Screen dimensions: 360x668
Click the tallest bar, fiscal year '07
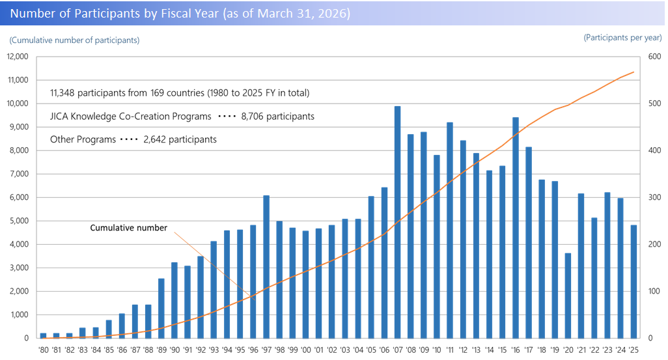[x=397, y=222]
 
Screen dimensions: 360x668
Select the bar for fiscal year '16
[x=516, y=228]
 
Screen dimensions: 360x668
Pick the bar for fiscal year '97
[x=266, y=267]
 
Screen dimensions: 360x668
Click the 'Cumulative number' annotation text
[x=128, y=228]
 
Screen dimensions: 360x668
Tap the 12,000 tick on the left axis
[x=18, y=57]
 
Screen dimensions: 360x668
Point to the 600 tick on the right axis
[x=652, y=57]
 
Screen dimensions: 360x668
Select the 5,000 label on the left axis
[x=20, y=221]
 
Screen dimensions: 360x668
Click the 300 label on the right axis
[x=652, y=197]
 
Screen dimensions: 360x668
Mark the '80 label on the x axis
[x=43, y=350]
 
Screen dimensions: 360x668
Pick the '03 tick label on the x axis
[x=345, y=350]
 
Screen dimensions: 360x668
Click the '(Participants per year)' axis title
[x=622, y=38]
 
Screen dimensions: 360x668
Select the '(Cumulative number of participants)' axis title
[x=74, y=40]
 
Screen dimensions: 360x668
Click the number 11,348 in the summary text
[x=66, y=93]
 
